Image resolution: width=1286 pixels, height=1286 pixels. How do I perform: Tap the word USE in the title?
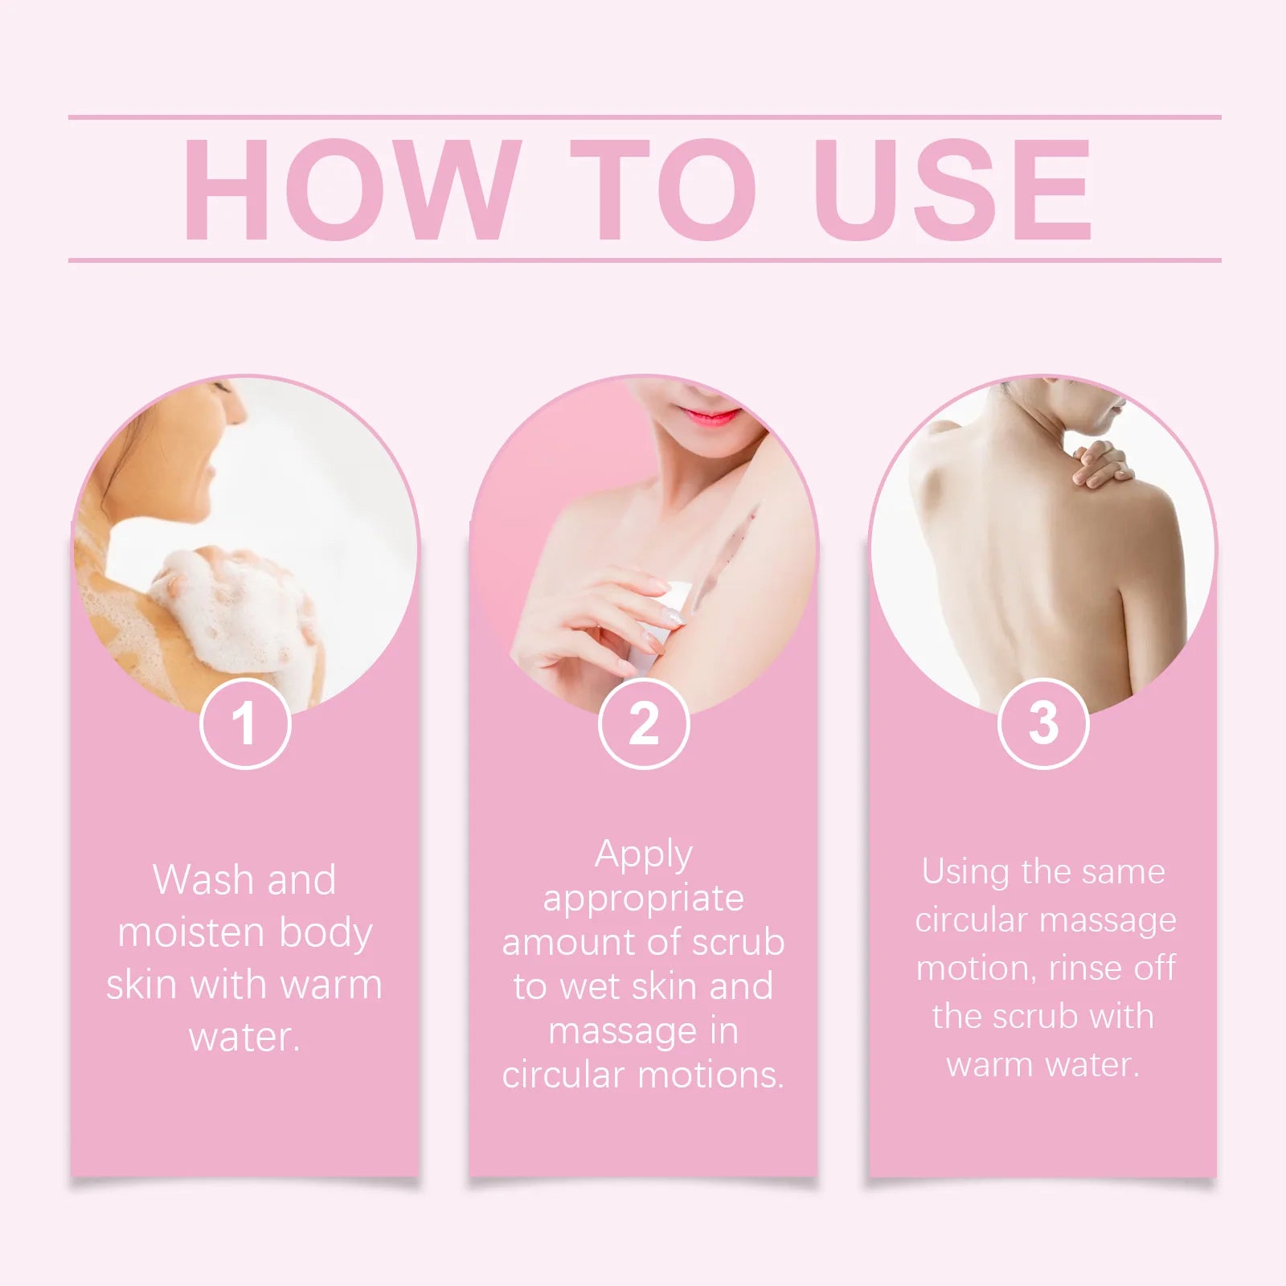click(952, 190)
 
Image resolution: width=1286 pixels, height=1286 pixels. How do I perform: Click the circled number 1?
click(244, 723)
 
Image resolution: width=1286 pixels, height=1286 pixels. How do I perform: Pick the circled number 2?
click(644, 723)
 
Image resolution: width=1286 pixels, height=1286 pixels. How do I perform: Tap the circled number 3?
click(1043, 723)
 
